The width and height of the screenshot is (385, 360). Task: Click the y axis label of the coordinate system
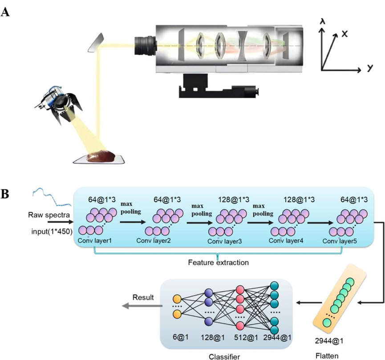[369, 68]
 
